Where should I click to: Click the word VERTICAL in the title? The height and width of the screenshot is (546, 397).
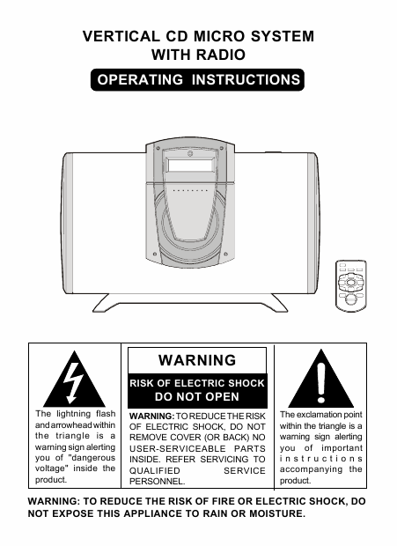tap(121, 36)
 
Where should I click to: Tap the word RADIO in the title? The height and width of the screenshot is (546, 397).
tap(221, 55)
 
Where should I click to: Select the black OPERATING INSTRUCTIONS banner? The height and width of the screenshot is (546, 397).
tap(197, 80)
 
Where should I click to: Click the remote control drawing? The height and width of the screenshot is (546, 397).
tap(350, 285)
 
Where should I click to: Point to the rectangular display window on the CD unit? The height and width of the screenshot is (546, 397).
tap(190, 165)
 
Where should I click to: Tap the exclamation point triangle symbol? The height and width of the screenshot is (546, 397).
tap(320, 379)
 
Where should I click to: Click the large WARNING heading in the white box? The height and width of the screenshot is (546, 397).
tap(197, 360)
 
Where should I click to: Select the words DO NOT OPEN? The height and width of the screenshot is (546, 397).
tap(197, 396)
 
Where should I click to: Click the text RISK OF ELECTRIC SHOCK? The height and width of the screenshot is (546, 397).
tap(197, 383)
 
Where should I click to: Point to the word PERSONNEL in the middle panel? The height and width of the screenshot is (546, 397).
tap(157, 482)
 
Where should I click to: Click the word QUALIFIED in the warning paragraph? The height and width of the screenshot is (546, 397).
tap(155, 471)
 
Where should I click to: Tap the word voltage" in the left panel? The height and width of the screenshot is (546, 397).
tap(50, 469)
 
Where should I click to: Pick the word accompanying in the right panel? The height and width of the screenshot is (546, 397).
tap(311, 469)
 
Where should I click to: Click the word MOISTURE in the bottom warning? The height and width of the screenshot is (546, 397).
tap(277, 513)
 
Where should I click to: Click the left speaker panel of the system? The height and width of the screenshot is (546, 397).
tap(68, 224)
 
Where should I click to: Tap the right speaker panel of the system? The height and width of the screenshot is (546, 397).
tap(312, 223)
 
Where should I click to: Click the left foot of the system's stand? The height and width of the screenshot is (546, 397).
tap(101, 303)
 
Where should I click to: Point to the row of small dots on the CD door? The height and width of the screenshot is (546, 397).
tap(190, 191)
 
